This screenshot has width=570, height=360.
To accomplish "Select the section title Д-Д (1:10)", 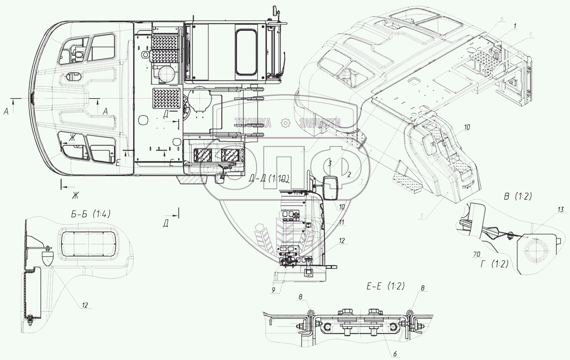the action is tap(270, 179).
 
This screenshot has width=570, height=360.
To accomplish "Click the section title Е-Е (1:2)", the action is tap(384, 286).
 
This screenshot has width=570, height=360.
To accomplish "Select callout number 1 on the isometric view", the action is tap(515, 26).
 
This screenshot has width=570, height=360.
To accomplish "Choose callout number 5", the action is tap(530, 34).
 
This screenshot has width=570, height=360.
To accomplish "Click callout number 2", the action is tap(350, 174).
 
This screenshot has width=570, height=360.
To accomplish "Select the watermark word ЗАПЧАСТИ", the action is tap(320, 123).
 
